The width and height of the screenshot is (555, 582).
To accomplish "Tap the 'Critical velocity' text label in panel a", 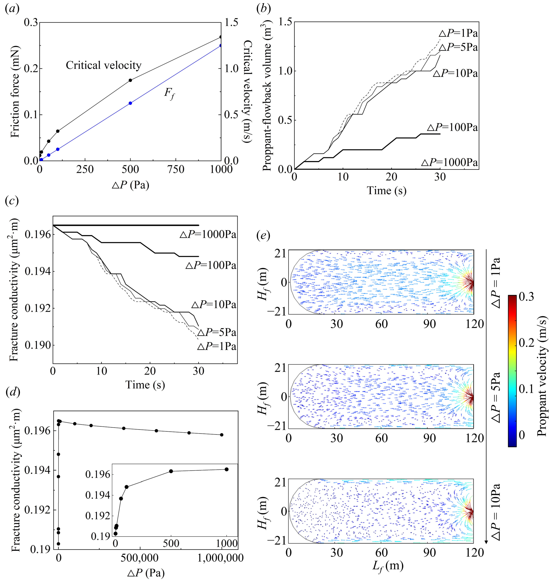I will (x=104, y=65).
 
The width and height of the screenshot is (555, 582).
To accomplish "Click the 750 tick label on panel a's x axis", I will (x=176, y=170).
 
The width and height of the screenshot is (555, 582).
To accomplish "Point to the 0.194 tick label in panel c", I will (x=37, y=271).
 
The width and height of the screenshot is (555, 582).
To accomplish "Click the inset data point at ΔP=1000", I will (x=227, y=469).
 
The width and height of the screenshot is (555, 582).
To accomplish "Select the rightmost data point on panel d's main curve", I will (x=222, y=435).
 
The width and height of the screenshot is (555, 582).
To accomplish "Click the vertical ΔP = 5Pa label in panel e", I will (x=496, y=397).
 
